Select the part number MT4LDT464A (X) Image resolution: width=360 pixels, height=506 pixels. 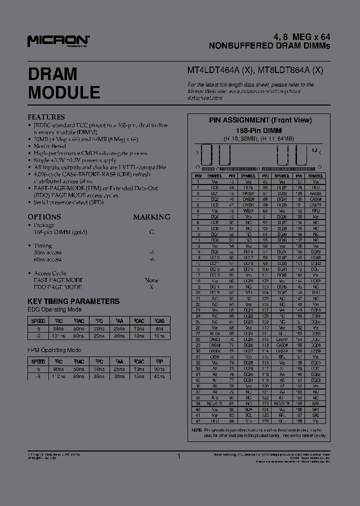(x=220, y=70)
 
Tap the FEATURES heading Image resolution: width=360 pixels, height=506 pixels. (x=46, y=117)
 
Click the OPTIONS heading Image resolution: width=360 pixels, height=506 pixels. (x=44, y=217)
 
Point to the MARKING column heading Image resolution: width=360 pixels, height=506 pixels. (x=151, y=217)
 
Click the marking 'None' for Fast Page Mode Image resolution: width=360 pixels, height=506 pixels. (x=151, y=280)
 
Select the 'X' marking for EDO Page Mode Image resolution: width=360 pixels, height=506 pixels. (x=151, y=287)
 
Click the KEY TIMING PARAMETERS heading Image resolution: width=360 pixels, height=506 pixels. (x=73, y=301)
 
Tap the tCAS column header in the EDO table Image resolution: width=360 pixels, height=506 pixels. (x=159, y=321)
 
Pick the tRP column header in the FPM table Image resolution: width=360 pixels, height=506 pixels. (x=159, y=361)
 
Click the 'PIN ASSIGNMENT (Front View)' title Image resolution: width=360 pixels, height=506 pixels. (x=260, y=120)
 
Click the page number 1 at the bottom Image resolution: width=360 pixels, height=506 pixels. (x=178, y=456)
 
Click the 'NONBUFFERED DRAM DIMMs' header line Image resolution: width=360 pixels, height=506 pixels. (x=269, y=45)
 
